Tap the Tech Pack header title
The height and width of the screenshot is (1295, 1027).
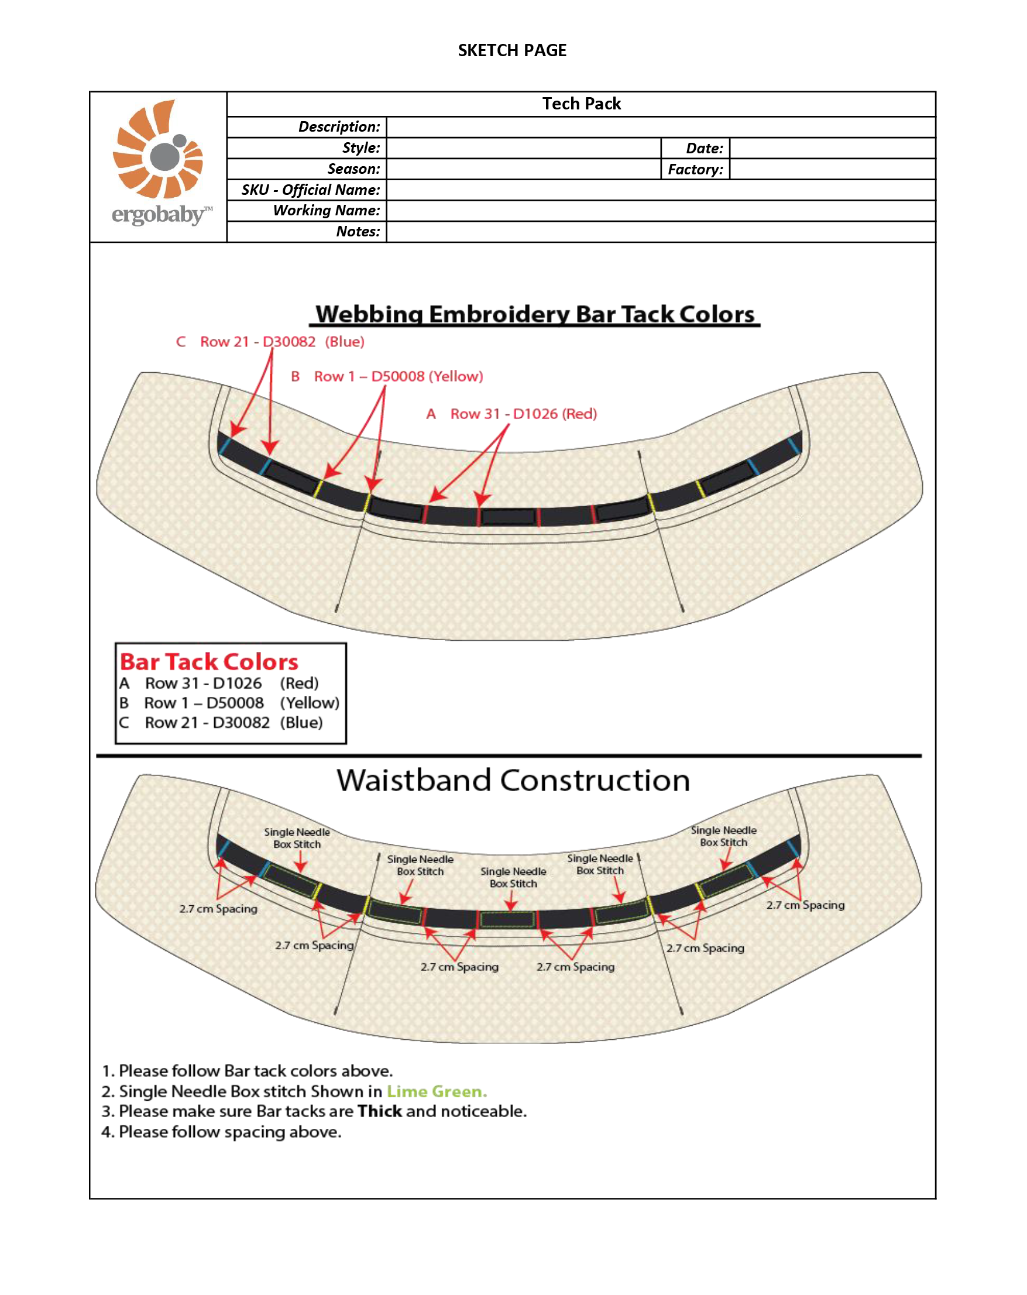pyautogui.click(x=581, y=104)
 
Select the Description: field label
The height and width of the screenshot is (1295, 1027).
pyautogui.click(x=339, y=127)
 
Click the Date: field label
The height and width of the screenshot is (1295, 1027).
pyautogui.click(x=705, y=149)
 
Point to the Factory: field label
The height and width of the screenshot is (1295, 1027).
pyautogui.click(x=695, y=169)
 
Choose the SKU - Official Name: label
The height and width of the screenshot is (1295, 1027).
pyautogui.click(x=311, y=190)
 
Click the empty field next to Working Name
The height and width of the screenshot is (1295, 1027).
pyautogui.click(x=661, y=211)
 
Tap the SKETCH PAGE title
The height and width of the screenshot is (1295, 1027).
pyautogui.click(x=512, y=50)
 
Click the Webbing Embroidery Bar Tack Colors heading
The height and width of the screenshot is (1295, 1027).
pyautogui.click(x=535, y=314)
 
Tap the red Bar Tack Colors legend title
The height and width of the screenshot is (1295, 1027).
pyautogui.click(x=209, y=662)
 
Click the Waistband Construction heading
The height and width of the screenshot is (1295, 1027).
pyautogui.click(x=513, y=780)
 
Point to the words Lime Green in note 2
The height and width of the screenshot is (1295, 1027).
pyautogui.click(x=437, y=1091)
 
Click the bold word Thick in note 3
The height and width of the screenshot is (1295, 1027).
pyautogui.click(x=380, y=1111)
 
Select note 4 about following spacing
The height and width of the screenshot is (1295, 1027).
pyautogui.click(x=221, y=1132)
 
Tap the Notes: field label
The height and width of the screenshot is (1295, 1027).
pyautogui.click(x=358, y=232)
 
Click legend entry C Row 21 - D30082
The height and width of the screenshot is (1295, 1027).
pyautogui.click(x=221, y=723)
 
